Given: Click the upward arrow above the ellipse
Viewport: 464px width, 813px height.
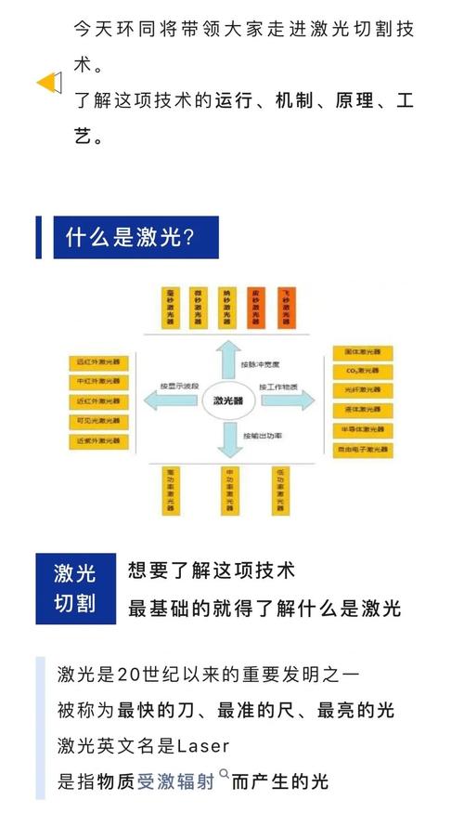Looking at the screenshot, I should click(x=227, y=358).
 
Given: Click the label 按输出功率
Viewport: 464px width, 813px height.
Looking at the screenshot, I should click(x=262, y=436).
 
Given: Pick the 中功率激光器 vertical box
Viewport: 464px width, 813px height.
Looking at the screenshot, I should click(x=227, y=490).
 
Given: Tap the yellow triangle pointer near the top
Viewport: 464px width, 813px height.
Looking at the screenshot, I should click(x=47, y=83).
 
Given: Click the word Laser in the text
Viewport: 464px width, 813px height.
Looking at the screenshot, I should click(x=202, y=746).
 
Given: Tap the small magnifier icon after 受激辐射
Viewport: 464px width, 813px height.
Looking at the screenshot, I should click(x=223, y=774).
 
